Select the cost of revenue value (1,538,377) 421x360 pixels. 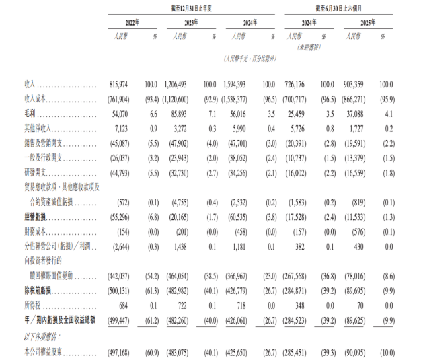point(237,99)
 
